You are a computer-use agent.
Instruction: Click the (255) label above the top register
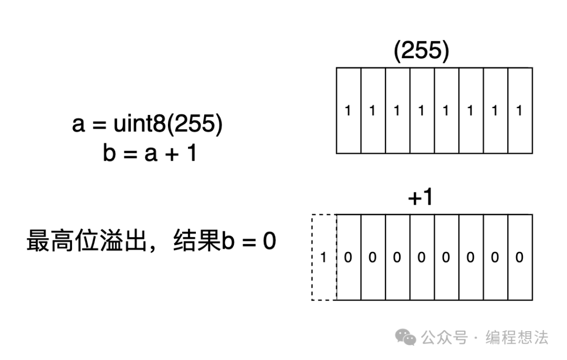click(x=422, y=52)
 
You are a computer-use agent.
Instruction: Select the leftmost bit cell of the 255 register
click(x=348, y=111)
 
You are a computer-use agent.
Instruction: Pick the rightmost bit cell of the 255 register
click(x=520, y=111)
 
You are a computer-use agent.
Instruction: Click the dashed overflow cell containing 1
click(x=323, y=258)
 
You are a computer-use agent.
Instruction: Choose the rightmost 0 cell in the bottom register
click(x=520, y=258)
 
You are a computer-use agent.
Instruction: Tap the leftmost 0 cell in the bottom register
click(x=348, y=258)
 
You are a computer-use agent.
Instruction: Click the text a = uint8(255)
click(x=148, y=125)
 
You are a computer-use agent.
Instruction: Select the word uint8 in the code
click(x=139, y=125)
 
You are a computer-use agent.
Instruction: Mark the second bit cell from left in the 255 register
click(x=373, y=111)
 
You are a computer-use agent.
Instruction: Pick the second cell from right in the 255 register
click(x=495, y=111)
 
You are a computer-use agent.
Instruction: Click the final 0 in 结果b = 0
click(x=269, y=242)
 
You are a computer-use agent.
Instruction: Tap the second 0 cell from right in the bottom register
click(x=495, y=258)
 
